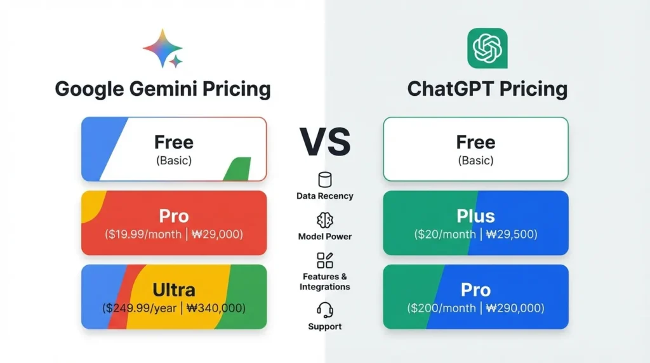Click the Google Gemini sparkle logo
(x=163, y=48)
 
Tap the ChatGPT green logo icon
(x=487, y=48)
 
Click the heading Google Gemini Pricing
(x=162, y=89)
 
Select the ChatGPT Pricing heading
(x=487, y=89)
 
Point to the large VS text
(x=325, y=142)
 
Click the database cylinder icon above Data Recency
(x=325, y=180)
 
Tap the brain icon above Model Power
(x=325, y=220)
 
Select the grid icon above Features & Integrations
(x=325, y=261)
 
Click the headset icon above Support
(x=325, y=310)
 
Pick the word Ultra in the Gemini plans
(x=174, y=290)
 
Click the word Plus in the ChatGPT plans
(x=475, y=216)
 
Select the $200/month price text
(x=441, y=308)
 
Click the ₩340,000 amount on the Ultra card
(x=216, y=308)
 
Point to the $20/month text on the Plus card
(x=445, y=235)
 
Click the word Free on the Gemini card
(x=174, y=142)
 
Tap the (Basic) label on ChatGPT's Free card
(x=475, y=161)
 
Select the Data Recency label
(x=325, y=196)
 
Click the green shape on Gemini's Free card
(x=239, y=169)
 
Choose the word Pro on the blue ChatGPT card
(x=475, y=290)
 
